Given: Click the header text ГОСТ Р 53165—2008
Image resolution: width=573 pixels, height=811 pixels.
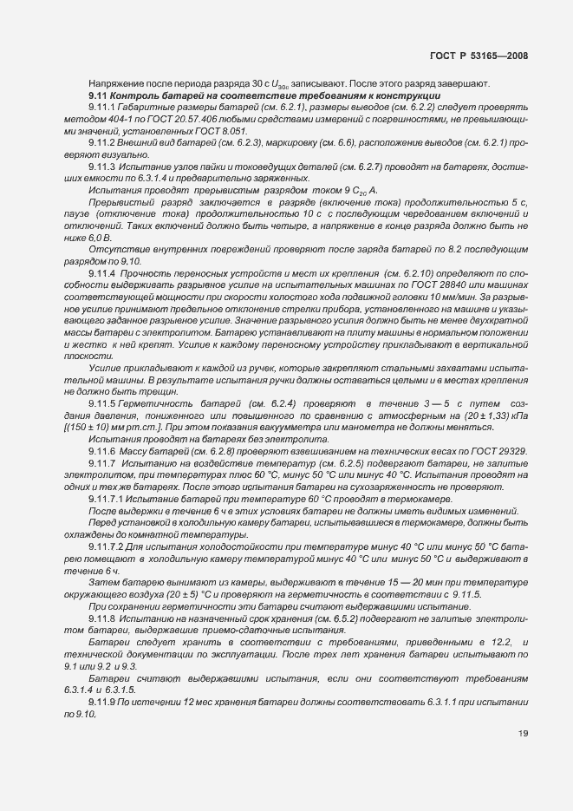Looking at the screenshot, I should point(479,56).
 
